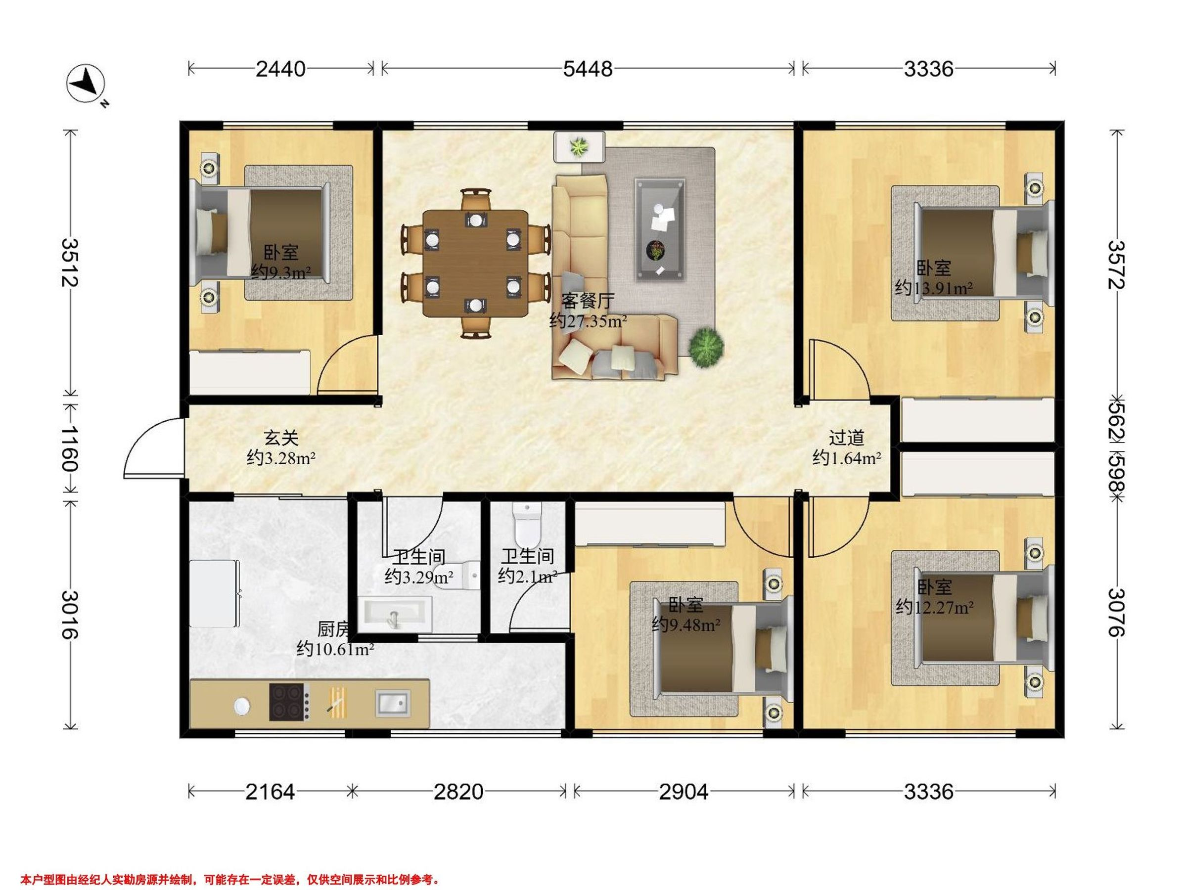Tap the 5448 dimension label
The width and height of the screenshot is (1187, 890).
[588, 69]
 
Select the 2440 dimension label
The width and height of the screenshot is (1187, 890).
[280, 69]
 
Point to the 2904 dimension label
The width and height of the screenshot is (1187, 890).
[684, 791]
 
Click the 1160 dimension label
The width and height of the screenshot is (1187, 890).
[70, 448]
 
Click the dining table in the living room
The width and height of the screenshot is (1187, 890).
[475, 263]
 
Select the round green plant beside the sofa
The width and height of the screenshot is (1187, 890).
[706, 347]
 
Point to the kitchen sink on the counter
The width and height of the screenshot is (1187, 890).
[393, 703]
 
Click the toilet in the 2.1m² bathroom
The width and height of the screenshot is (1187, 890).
[528, 524]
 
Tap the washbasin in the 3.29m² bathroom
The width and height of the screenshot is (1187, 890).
[395, 615]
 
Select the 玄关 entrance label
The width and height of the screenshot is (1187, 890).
[280, 438]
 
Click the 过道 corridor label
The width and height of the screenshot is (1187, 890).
[846, 438]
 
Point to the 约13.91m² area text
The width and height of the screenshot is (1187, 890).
[934, 288]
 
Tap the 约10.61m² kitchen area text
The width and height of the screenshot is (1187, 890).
[335, 650]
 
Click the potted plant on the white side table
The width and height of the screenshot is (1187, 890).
[579, 146]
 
